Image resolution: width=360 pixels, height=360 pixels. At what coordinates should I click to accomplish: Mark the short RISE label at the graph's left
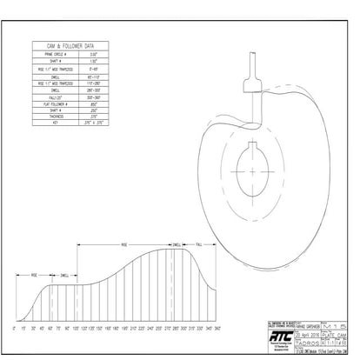click(36, 275)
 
